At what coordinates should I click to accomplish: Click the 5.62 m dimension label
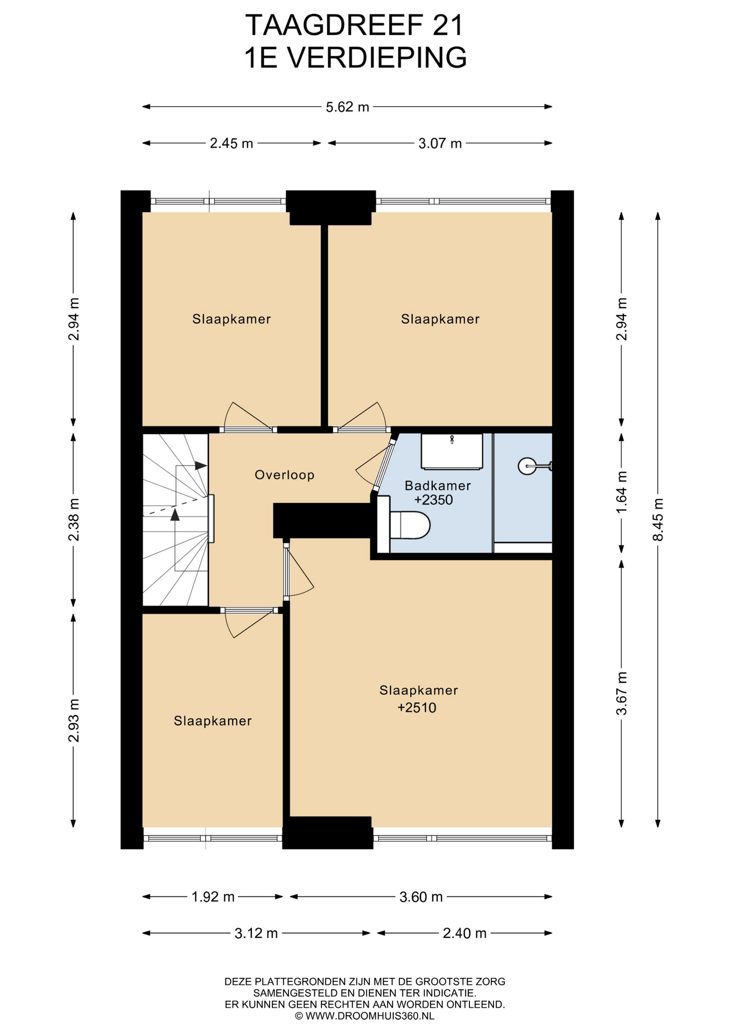click(x=347, y=107)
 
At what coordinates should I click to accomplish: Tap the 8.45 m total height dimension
click(x=658, y=520)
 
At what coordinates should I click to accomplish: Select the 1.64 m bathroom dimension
click(x=622, y=492)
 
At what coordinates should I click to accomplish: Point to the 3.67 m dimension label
click(x=622, y=694)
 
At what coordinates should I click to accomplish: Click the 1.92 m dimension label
click(x=213, y=896)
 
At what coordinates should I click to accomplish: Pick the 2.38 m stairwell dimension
click(x=74, y=520)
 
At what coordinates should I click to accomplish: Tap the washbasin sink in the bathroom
click(x=452, y=452)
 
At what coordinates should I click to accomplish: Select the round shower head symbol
click(x=527, y=466)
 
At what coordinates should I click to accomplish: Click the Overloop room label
click(x=285, y=475)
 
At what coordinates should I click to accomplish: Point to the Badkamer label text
click(x=438, y=485)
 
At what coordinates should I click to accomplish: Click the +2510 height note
click(x=417, y=707)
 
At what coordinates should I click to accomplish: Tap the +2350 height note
click(x=433, y=500)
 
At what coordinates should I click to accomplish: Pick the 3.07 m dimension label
click(x=440, y=143)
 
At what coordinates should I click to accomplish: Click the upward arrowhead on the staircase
click(x=175, y=515)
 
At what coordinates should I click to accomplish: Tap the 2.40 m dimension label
click(x=465, y=933)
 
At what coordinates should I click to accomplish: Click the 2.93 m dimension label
click(x=74, y=720)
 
